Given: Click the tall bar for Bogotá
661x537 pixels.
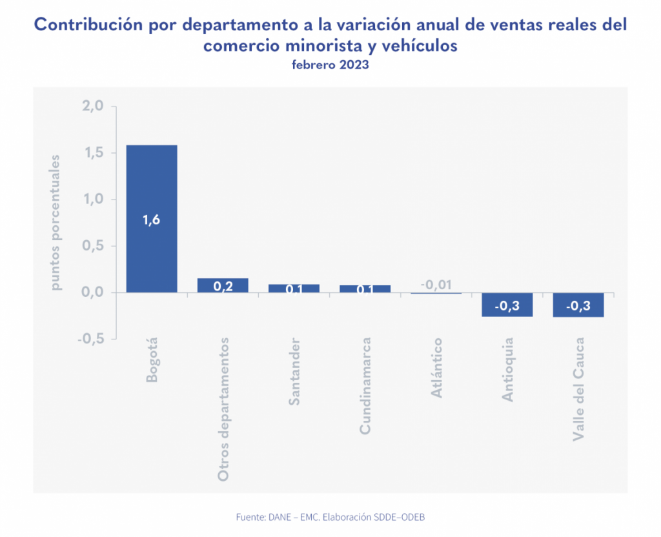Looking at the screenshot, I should click(x=152, y=194).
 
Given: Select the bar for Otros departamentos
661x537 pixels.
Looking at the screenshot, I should click(x=223, y=285).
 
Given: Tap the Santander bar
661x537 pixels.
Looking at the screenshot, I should click(x=294, y=289).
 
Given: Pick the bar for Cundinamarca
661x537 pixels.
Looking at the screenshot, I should click(x=365, y=289).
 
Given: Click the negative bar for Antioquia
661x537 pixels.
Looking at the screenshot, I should click(x=507, y=305).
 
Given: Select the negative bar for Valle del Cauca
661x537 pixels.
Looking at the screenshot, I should click(x=578, y=305).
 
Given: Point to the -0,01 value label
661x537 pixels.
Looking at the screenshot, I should click(x=436, y=284).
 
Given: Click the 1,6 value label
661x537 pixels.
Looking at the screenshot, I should click(x=151, y=219).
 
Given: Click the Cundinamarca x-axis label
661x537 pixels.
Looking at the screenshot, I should click(x=365, y=385).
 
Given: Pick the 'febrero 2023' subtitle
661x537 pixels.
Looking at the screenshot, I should click(x=330, y=65).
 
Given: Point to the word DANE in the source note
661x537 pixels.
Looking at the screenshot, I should click(x=278, y=517).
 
